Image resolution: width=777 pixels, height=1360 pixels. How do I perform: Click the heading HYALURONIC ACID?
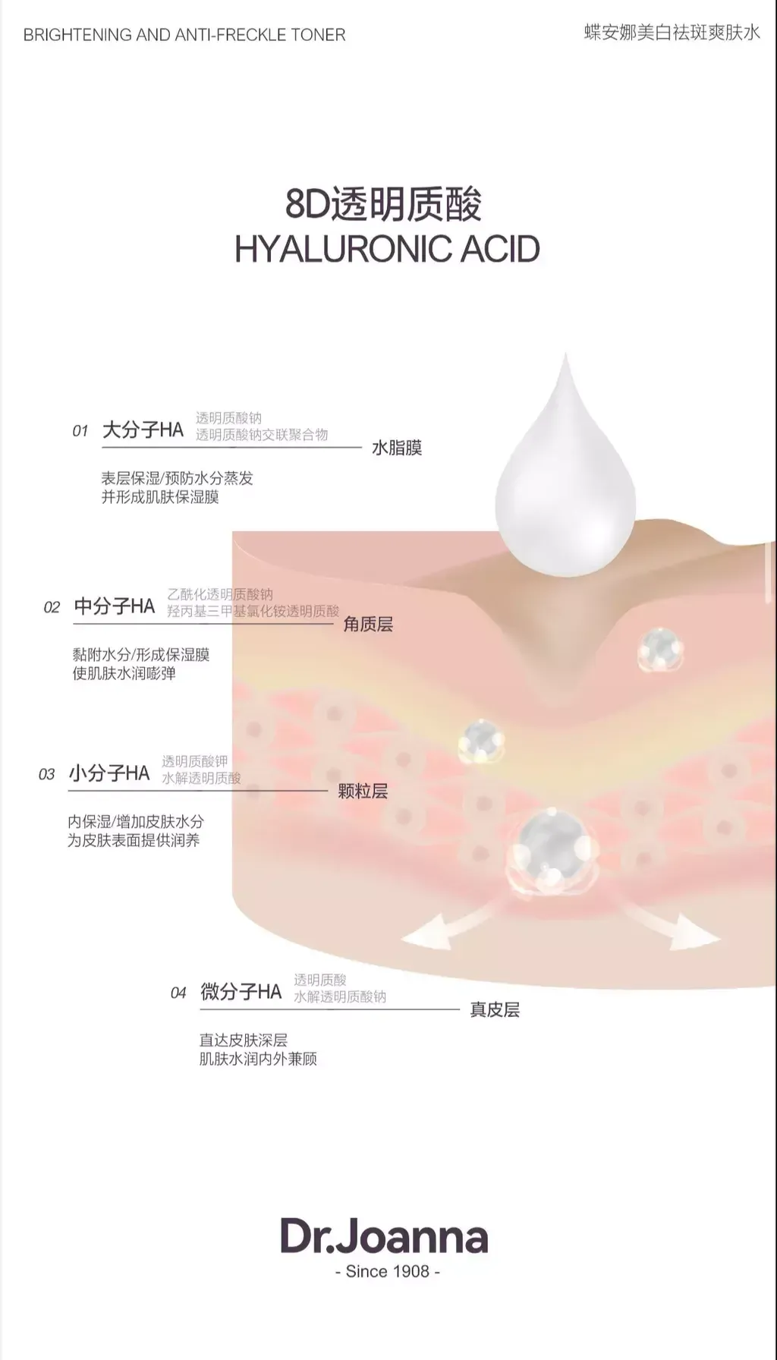[x=387, y=249]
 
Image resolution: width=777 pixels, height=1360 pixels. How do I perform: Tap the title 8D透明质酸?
[x=384, y=205]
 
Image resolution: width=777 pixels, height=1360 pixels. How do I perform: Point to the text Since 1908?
[x=388, y=1271]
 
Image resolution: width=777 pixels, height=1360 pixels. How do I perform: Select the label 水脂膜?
[x=397, y=448]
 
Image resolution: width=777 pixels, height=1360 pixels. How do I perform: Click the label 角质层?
[x=368, y=624]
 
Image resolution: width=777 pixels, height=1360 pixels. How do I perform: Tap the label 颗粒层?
[x=363, y=792]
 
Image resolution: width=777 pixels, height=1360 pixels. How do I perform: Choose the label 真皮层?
[x=495, y=1009]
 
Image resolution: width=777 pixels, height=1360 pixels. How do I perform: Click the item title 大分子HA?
[x=143, y=430]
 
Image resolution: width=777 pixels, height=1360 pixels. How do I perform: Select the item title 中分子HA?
[x=115, y=606]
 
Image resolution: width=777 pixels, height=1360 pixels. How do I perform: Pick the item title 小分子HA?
[x=109, y=773]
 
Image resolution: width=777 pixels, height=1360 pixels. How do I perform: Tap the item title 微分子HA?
[x=241, y=991]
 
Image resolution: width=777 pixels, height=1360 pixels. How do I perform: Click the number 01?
[x=80, y=431]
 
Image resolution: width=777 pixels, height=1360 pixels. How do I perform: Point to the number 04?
[x=178, y=993]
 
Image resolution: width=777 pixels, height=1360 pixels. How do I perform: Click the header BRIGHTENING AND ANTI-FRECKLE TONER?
[x=184, y=35]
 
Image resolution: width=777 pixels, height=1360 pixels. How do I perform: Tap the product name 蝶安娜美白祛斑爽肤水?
[x=672, y=33]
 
